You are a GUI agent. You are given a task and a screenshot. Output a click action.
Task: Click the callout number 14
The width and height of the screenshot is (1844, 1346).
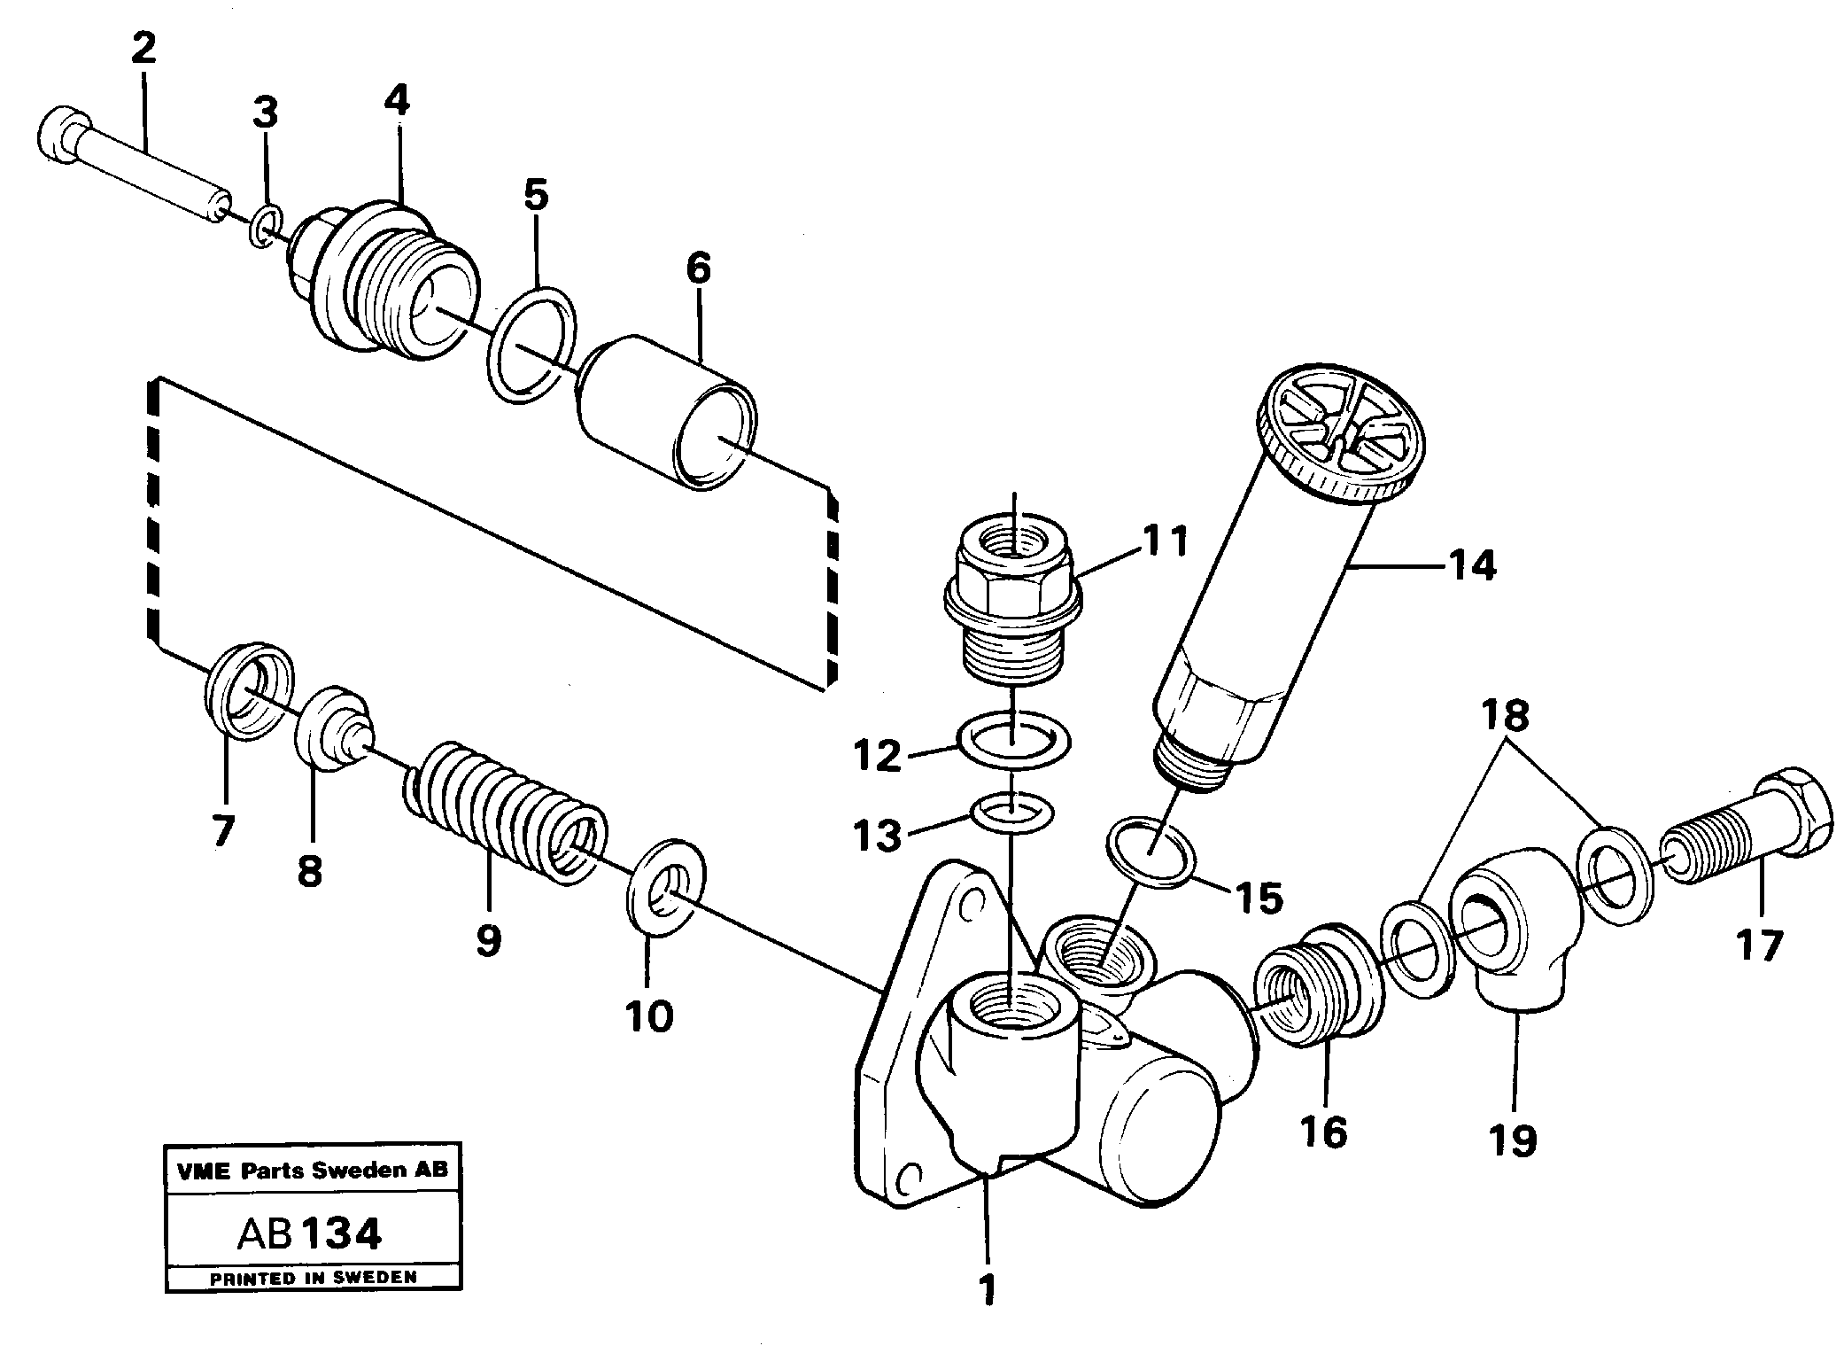click(1472, 565)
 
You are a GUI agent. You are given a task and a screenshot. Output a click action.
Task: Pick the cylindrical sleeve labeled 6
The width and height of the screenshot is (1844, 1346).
click(666, 412)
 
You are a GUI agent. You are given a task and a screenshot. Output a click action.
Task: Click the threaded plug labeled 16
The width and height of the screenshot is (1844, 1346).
click(1315, 984)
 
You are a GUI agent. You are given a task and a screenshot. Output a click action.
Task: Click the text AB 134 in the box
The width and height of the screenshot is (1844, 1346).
click(310, 1233)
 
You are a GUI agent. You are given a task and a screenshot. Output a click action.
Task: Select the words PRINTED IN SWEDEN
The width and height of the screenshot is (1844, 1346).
click(313, 1277)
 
